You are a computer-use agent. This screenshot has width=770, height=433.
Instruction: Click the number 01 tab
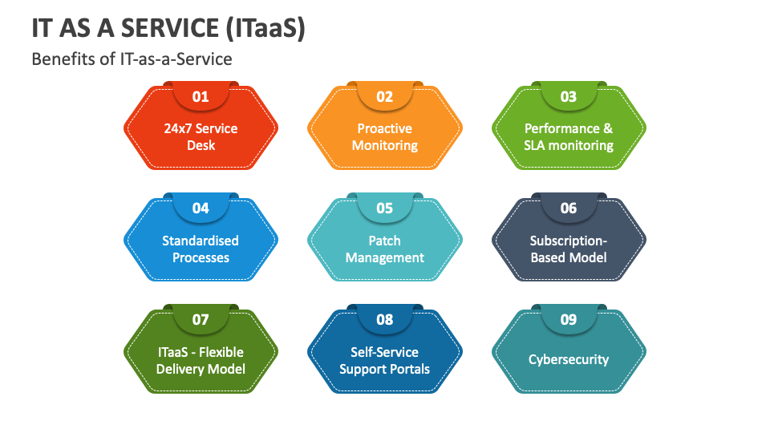[201, 97]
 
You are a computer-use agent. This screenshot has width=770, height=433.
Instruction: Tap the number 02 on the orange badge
[385, 97]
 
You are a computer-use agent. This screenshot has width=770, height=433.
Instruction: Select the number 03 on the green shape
[569, 97]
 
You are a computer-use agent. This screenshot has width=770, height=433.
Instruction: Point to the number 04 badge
[201, 208]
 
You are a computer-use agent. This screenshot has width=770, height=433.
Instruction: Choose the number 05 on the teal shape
[385, 208]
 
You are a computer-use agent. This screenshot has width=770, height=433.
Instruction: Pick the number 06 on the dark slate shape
[569, 208]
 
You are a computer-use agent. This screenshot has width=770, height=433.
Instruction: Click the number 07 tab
[201, 320]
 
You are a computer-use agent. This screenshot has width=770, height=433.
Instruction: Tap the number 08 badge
[385, 320]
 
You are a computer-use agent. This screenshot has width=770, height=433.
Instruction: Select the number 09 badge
[569, 320]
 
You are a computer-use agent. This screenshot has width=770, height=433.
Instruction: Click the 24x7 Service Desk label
[201, 137]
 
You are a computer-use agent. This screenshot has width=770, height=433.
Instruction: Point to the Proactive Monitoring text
[385, 137]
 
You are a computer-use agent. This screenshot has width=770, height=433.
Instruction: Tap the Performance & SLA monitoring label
[569, 137]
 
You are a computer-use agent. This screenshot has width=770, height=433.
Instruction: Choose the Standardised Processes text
[201, 249]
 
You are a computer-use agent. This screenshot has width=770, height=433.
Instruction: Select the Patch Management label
[385, 249]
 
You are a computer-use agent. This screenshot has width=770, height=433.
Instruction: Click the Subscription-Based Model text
[569, 249]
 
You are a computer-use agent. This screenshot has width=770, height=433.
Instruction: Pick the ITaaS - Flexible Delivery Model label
[201, 360]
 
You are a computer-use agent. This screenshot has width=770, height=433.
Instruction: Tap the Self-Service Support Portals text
[385, 360]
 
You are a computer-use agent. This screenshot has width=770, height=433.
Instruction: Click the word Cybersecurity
[569, 359]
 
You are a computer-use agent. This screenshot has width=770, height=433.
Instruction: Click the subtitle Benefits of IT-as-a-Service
[132, 59]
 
